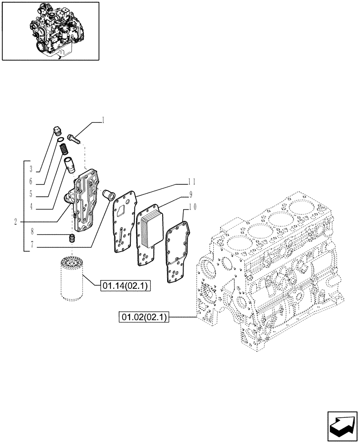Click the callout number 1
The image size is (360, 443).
[x=103, y=120]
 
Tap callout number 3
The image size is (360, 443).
[x=31, y=169]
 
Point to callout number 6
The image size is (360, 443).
[x=31, y=182]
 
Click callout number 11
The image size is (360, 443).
[x=192, y=181]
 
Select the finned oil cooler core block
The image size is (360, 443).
[x=149, y=230]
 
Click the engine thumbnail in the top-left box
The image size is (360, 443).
[x=51, y=31]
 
